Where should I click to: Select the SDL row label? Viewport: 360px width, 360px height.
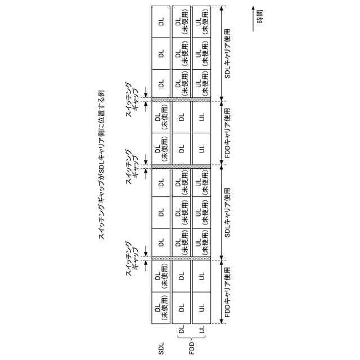click(x=161, y=345)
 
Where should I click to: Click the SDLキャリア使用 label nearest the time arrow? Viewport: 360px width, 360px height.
click(x=228, y=54)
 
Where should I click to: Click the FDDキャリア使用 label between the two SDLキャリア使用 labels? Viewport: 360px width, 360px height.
click(x=228, y=133)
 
